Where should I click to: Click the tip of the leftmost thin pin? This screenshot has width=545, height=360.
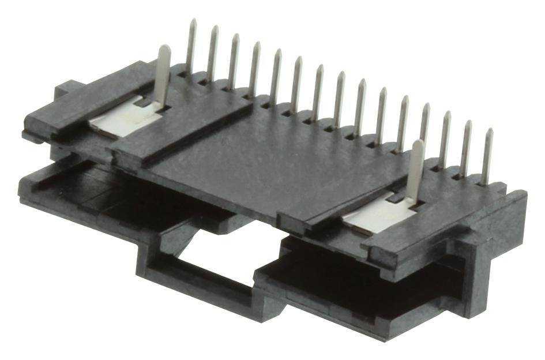tap(193, 21)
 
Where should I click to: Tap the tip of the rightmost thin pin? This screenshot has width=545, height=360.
tap(490, 131)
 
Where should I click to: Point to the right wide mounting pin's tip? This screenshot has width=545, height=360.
tap(419, 142)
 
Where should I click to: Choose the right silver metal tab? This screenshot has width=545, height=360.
tap(378, 220)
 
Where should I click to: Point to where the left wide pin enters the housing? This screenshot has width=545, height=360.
tap(158, 104)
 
